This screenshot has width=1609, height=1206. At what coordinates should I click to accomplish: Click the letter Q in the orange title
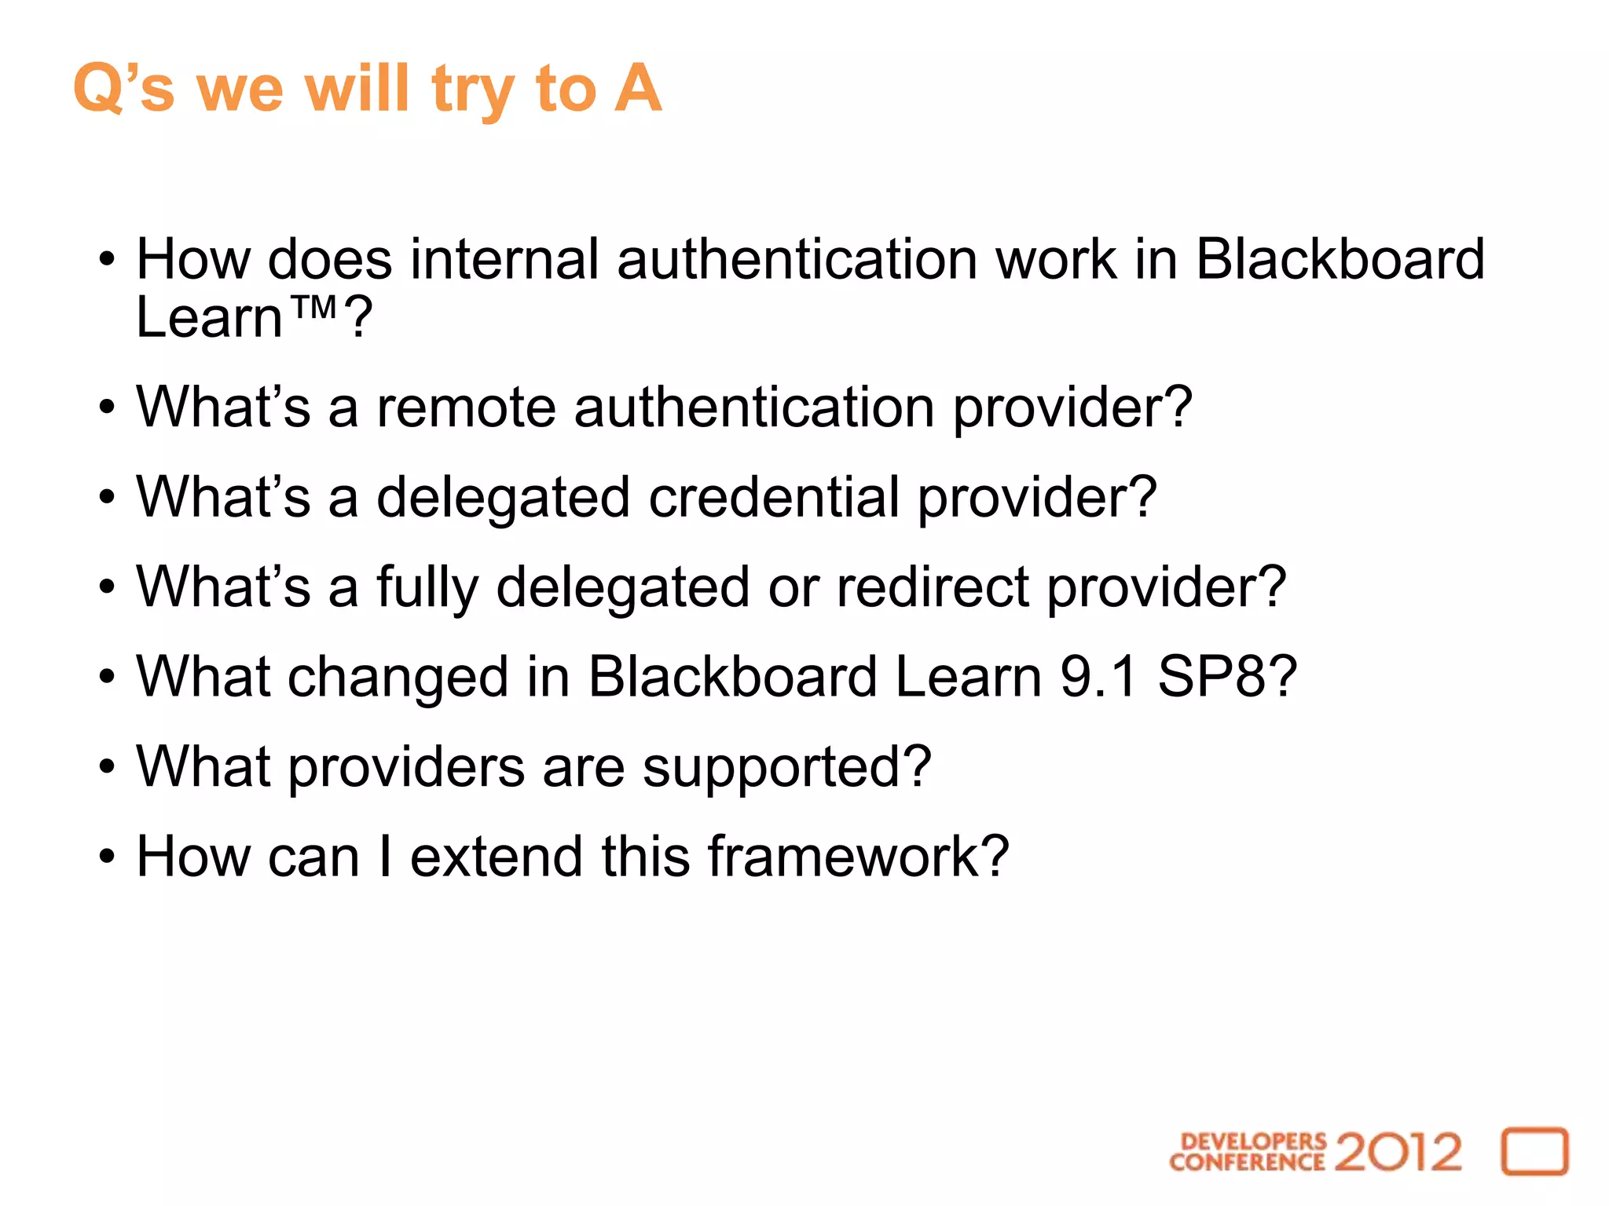97,88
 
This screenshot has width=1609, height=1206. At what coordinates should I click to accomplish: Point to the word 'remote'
467,407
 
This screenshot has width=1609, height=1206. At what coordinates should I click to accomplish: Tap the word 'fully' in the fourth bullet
427,588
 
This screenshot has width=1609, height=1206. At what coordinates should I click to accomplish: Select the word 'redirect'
933,587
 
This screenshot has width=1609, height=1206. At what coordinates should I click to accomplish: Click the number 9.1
1098,677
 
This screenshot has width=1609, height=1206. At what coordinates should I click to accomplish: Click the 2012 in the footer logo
1398,1153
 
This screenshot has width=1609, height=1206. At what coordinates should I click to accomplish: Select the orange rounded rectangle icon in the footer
1534,1152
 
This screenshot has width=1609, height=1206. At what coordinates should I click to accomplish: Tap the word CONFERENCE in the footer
1247,1162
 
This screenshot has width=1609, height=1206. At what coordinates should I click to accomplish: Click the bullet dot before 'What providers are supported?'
107,766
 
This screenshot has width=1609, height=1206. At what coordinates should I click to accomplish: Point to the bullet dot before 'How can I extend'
107,856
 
